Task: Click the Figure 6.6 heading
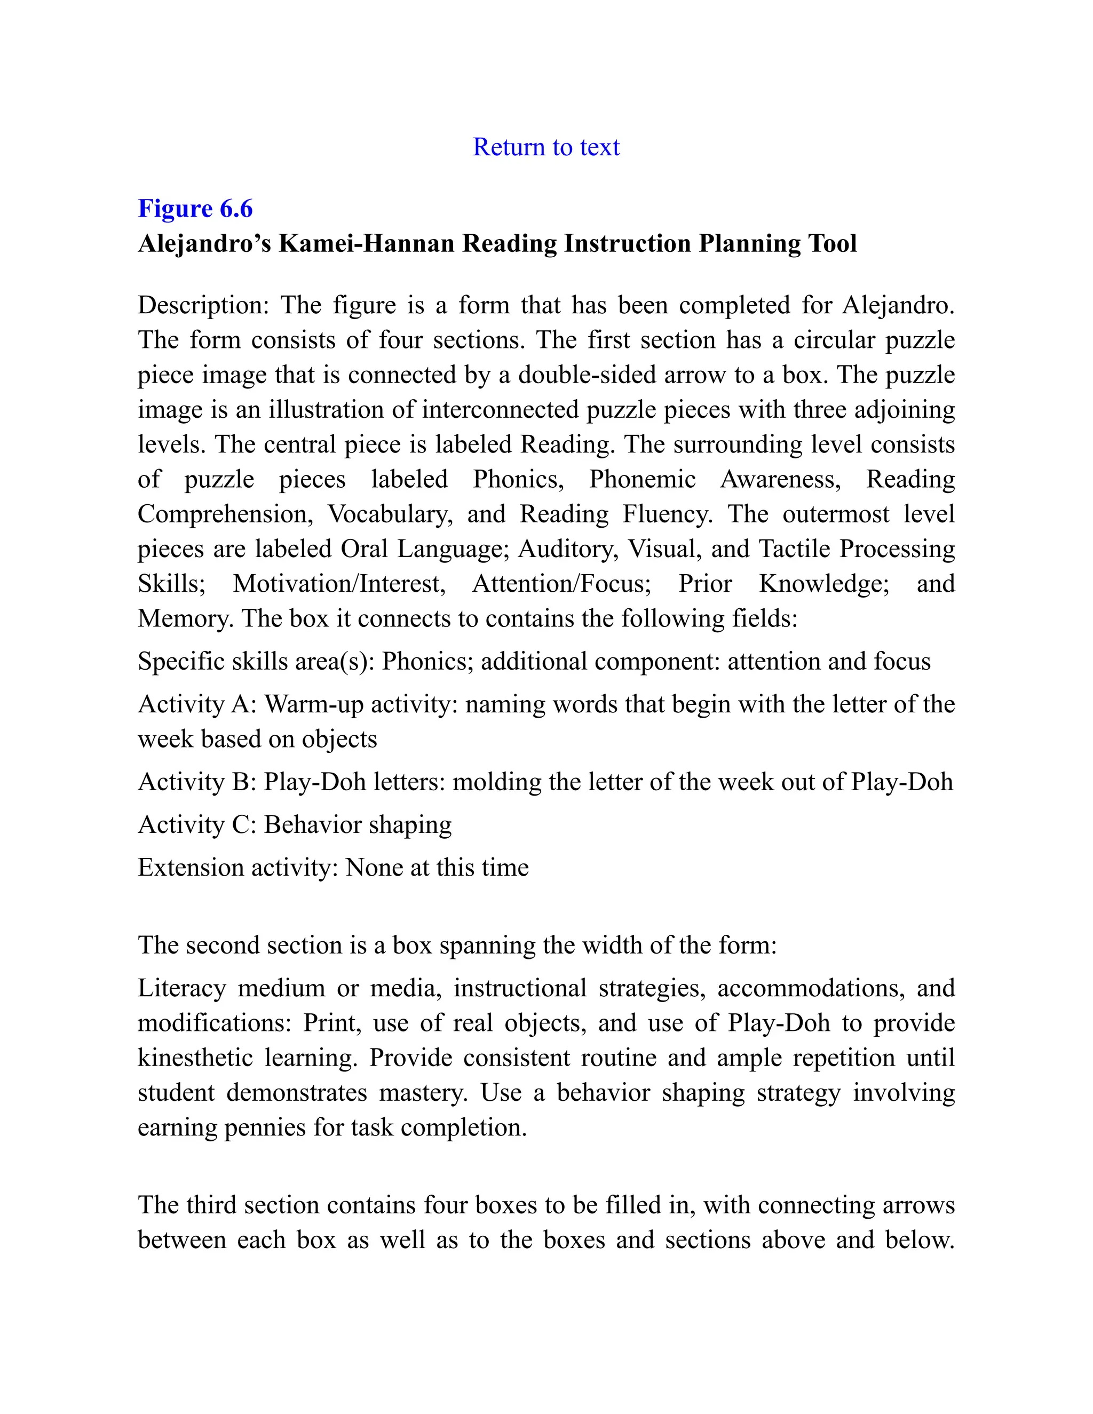[x=195, y=209]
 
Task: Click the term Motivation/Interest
[x=339, y=583]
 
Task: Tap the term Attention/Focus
[x=561, y=583]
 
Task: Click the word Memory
[x=185, y=618]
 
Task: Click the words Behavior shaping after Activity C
[x=358, y=824]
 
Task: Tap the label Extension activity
[x=237, y=867]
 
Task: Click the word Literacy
[x=181, y=988]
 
